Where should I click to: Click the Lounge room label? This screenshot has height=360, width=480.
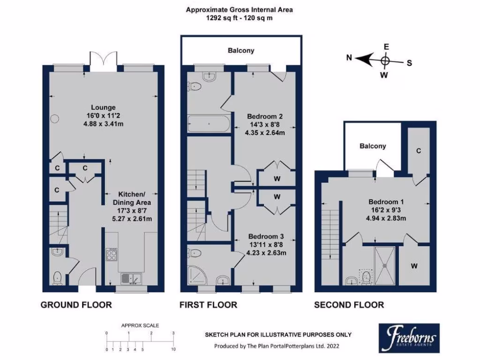click(104, 107)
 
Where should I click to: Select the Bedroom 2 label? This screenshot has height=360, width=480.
click(266, 116)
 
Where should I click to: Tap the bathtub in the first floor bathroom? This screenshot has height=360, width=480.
click(209, 124)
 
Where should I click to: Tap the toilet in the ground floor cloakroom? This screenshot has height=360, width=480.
click(57, 277)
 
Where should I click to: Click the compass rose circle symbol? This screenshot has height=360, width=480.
click(385, 60)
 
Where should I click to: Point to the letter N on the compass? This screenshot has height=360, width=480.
click(349, 58)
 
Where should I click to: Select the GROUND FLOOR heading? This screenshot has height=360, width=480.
click(76, 305)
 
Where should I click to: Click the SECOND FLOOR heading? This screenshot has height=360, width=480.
click(349, 305)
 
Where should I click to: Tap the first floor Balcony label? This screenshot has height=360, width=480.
click(241, 51)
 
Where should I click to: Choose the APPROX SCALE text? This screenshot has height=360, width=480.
click(140, 325)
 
